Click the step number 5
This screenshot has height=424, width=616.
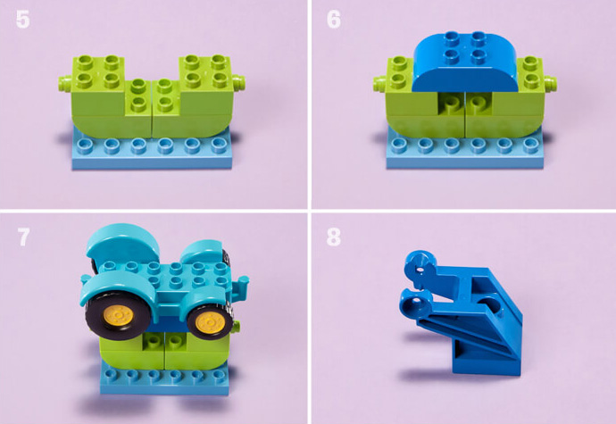23,20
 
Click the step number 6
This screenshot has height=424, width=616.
334,20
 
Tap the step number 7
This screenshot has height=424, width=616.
23,237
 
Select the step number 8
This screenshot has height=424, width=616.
334,237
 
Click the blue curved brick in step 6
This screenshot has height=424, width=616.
465,62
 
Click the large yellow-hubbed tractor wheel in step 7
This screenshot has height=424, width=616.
116,314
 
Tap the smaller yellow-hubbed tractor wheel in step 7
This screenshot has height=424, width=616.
210,320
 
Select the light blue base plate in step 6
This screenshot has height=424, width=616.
465,151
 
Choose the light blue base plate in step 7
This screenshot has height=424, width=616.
165,378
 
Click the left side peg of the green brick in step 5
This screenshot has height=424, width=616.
65,83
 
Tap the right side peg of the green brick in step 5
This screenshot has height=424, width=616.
238,83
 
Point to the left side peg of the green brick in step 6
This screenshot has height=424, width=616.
379,83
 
